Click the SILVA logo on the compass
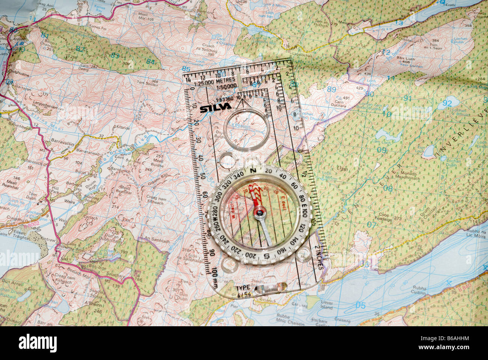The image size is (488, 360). point(215,108)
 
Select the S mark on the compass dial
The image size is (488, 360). point(266,256)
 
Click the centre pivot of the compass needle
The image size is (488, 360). point(259,213)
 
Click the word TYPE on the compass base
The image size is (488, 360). point(243,288)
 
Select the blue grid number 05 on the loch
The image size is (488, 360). point(360,305)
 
